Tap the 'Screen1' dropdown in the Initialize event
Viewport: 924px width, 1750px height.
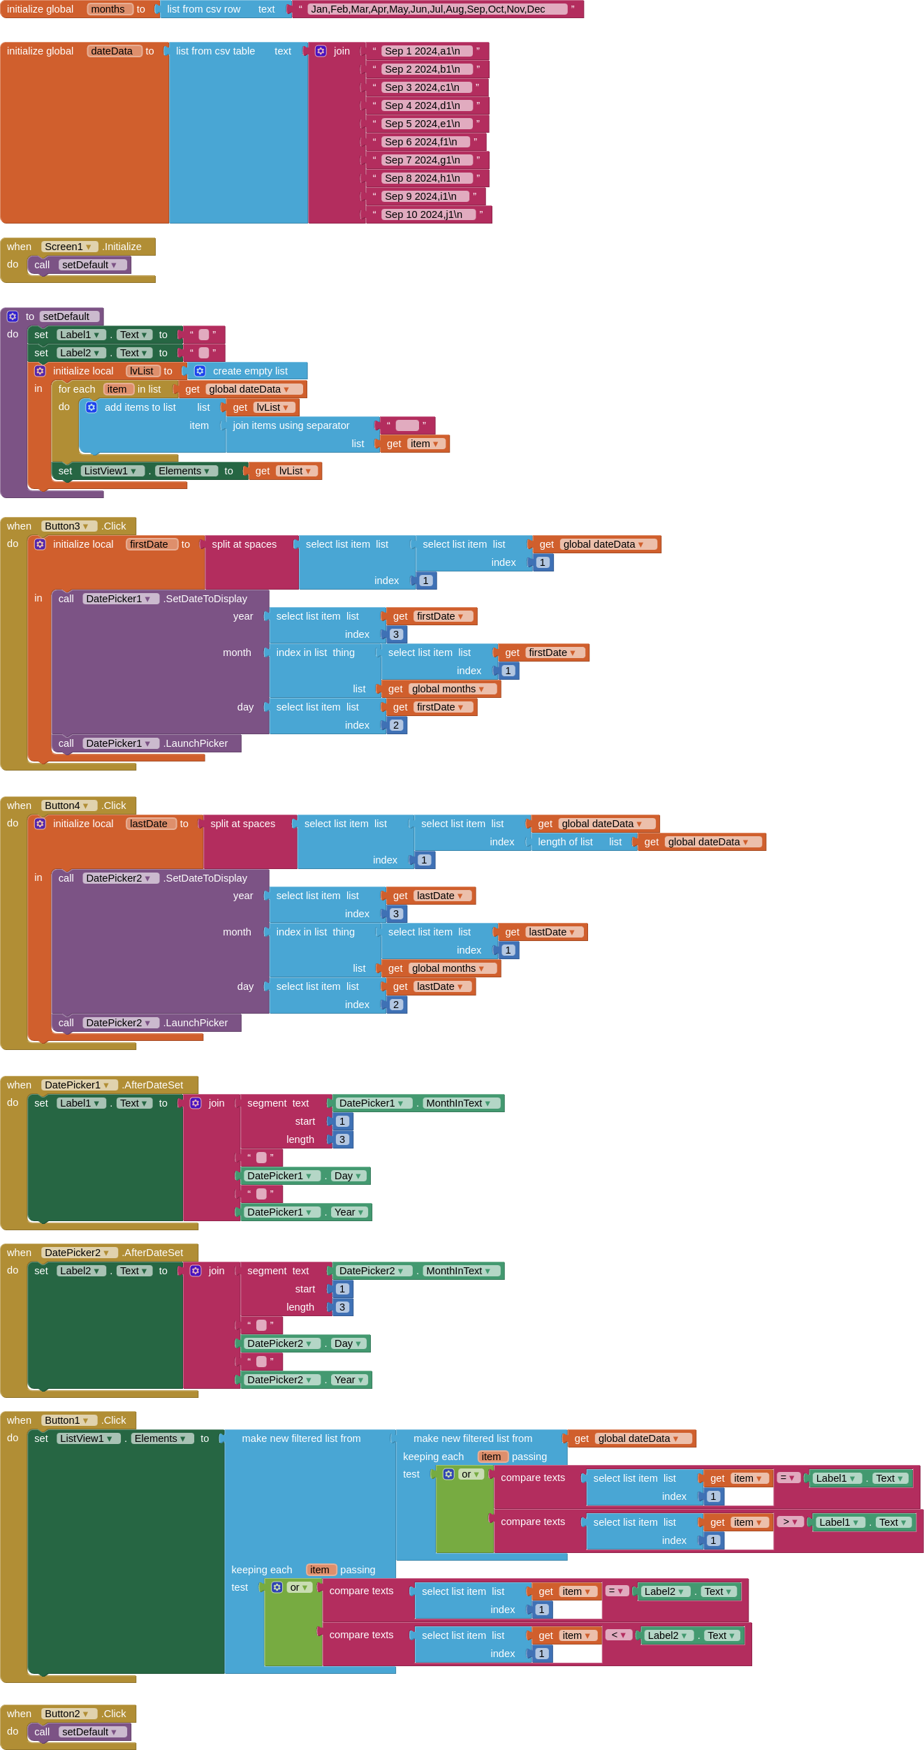68,247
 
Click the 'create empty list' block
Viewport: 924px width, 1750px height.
249,371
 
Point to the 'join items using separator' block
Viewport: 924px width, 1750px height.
291,425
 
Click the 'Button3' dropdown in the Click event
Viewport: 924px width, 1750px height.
67,526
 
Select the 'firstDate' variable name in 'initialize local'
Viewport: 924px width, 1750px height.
149,544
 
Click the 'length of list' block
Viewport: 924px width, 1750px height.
565,842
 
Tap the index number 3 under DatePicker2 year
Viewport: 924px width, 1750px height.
396,914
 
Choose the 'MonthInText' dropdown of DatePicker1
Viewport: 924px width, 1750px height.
459,1103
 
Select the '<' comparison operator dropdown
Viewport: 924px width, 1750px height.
618,1635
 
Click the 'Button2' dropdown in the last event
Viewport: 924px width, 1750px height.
67,1714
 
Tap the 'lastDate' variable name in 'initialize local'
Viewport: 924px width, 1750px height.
149,824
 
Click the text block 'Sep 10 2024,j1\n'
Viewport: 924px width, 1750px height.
428,214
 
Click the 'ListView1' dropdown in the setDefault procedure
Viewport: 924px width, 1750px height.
110,471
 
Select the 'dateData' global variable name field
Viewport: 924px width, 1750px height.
112,51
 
